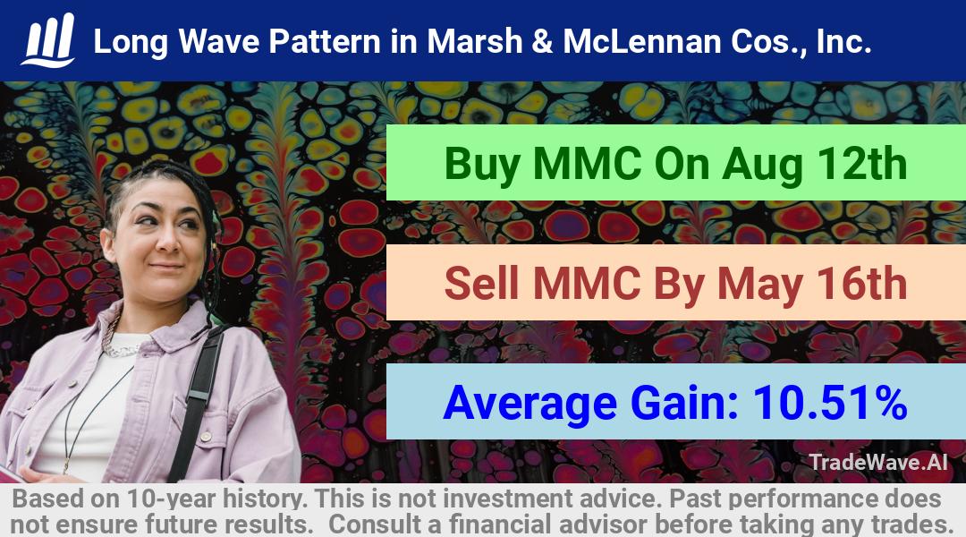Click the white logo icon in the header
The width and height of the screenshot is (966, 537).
tap(48, 40)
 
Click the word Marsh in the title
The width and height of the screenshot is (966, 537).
tap(475, 42)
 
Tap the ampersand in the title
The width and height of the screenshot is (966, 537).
tap(543, 42)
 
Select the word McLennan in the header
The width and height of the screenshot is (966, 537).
tap(642, 42)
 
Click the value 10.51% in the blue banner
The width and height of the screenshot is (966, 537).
tap(830, 403)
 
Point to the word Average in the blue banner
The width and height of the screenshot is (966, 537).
tap(530, 404)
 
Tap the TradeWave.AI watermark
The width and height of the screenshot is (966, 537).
tap(878, 462)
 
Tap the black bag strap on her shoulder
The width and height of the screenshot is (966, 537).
tap(197, 401)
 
